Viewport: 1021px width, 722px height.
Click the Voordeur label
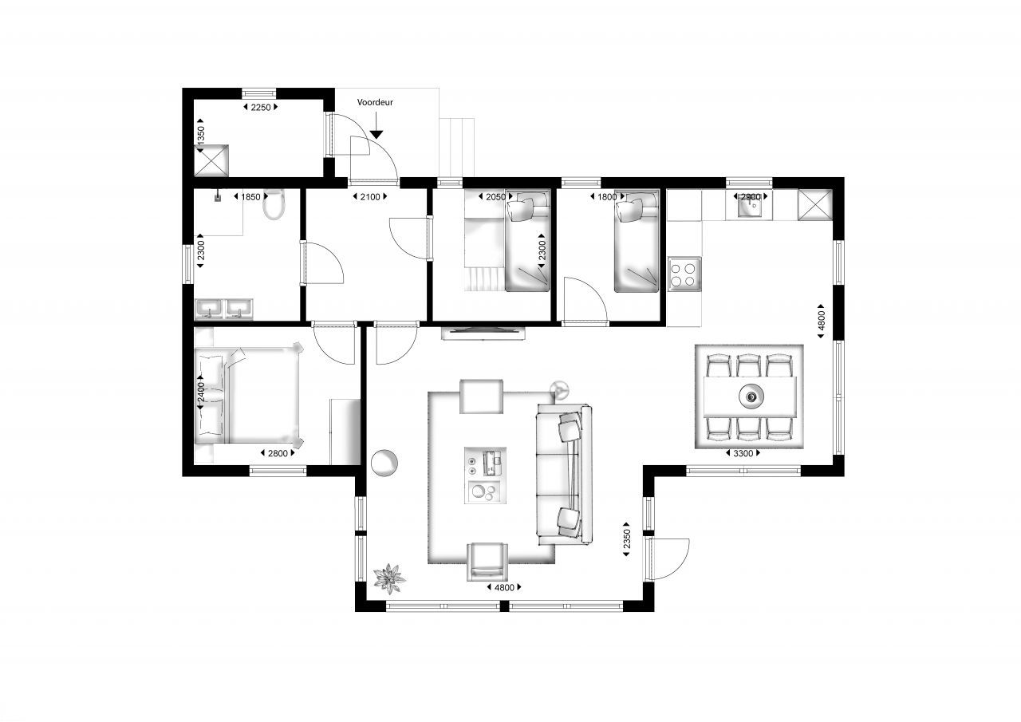[x=375, y=102]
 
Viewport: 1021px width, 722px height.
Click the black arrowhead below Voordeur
[x=376, y=135]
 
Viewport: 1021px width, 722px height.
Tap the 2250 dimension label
[x=261, y=107]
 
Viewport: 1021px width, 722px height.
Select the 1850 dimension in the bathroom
[x=250, y=197]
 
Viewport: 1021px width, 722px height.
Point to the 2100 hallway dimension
[x=369, y=197]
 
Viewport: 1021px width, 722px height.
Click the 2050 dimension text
[x=495, y=197]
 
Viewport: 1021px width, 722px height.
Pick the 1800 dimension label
[x=607, y=197]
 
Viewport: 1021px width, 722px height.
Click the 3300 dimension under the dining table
[x=743, y=453]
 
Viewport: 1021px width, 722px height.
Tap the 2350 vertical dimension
[x=627, y=539]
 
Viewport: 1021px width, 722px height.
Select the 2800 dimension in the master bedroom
[x=278, y=453]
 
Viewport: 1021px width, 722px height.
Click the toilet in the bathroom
[x=274, y=205]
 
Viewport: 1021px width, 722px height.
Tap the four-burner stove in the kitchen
[x=684, y=274]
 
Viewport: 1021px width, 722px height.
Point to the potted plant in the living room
[x=388, y=578]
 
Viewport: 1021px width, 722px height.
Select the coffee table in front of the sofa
[x=485, y=475]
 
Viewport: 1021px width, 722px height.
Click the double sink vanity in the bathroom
[x=224, y=310]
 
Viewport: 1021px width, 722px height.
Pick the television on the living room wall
[x=483, y=333]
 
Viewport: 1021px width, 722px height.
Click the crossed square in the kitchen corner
[x=815, y=205]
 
